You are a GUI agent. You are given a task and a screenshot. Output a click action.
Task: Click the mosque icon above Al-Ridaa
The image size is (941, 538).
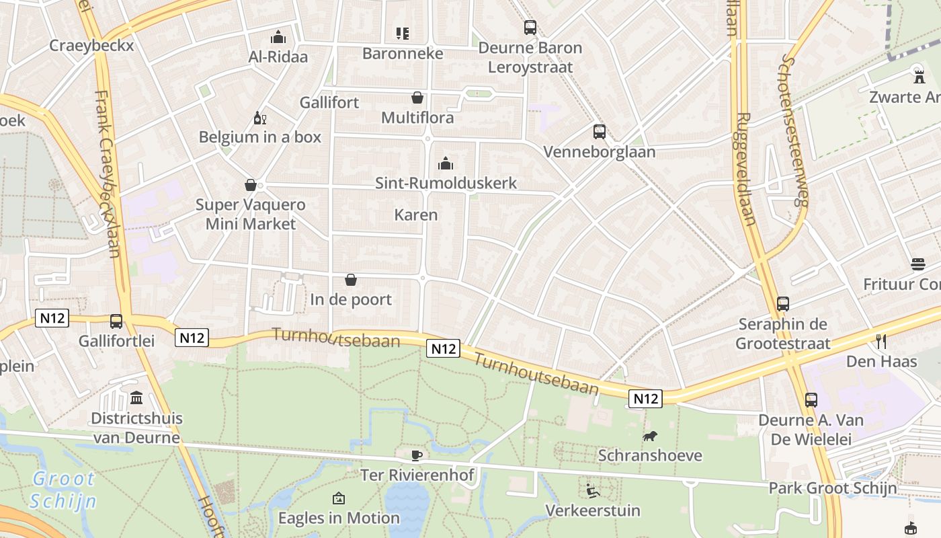pyautogui.click(x=278, y=37)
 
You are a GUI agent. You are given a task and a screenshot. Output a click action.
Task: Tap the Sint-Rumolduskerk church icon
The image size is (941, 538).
pyautogui.click(x=445, y=163)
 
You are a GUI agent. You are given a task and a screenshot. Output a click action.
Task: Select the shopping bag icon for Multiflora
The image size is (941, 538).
pyautogui.click(x=417, y=98)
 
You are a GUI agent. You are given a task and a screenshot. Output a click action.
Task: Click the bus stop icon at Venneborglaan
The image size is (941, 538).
pyautogui.click(x=599, y=132)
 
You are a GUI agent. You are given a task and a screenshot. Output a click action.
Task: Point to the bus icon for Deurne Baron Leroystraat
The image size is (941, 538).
pyautogui.click(x=530, y=28)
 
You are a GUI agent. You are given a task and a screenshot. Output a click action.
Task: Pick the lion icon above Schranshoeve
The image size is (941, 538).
pyautogui.click(x=650, y=436)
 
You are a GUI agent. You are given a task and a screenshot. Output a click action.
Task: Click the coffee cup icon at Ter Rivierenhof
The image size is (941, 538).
pyautogui.click(x=417, y=455)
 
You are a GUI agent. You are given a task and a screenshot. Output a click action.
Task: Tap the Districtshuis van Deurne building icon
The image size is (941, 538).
pyautogui.click(x=136, y=398)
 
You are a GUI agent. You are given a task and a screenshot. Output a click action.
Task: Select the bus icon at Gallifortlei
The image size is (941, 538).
pyautogui.click(x=116, y=321)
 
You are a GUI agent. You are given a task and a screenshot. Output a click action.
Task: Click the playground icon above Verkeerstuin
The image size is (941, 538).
pyautogui.click(x=592, y=491)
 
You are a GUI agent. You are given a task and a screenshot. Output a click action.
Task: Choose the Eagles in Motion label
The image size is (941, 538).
pyautogui.click(x=339, y=518)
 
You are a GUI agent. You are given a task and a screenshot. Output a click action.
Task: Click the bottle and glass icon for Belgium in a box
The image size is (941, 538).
pyautogui.click(x=259, y=118)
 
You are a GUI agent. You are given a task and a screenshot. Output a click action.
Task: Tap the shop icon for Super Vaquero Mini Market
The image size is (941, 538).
pyautogui.click(x=251, y=185)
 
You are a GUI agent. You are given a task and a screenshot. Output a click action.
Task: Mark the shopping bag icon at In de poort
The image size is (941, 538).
pyautogui.click(x=350, y=280)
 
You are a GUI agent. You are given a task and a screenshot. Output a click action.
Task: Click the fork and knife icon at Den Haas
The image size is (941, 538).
pyautogui.click(x=882, y=342)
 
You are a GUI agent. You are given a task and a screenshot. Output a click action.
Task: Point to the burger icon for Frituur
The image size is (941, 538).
pyautogui.click(x=918, y=264)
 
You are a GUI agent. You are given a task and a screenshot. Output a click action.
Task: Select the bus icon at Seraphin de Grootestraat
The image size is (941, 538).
pyautogui.click(x=782, y=304)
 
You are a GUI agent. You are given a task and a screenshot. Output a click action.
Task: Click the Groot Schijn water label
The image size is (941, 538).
pyautogui.click(x=64, y=490)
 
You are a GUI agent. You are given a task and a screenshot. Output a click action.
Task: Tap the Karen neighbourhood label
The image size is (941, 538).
pyautogui.click(x=416, y=215)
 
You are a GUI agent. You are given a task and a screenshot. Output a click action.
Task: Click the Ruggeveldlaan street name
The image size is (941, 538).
pyautogui.click(x=746, y=168)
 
